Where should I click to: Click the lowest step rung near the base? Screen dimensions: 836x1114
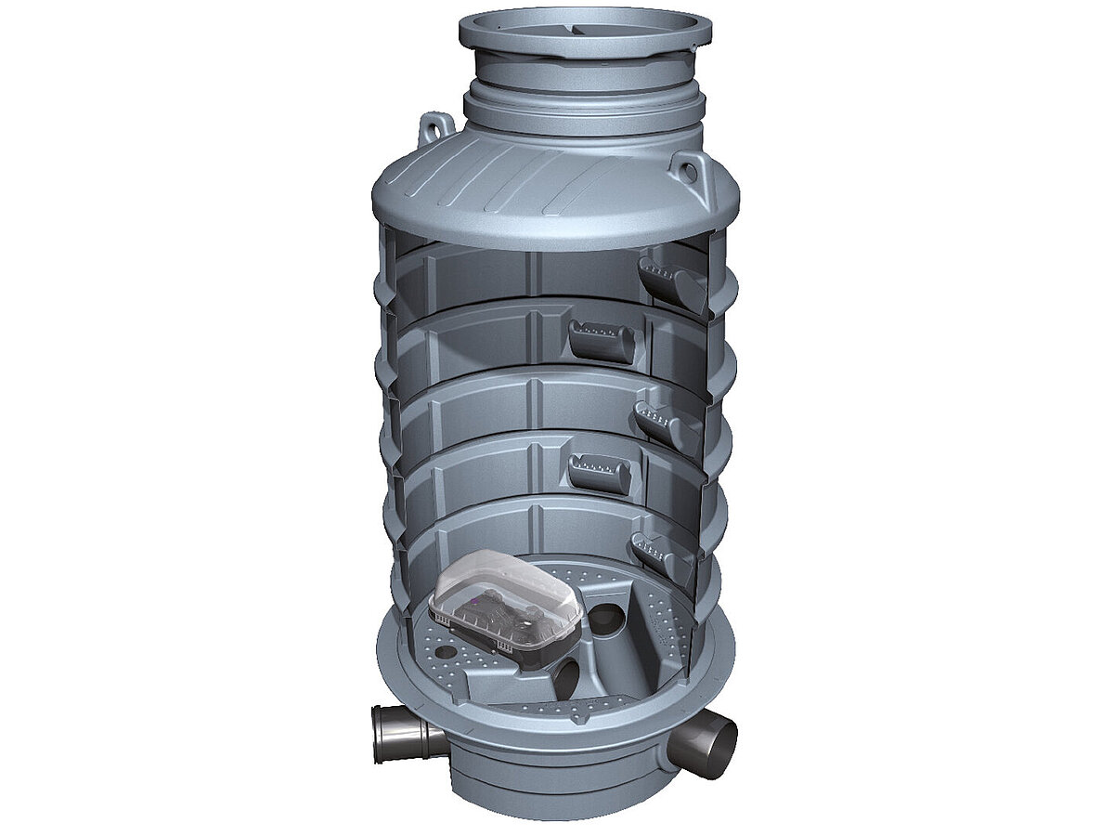(x=662, y=554)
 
